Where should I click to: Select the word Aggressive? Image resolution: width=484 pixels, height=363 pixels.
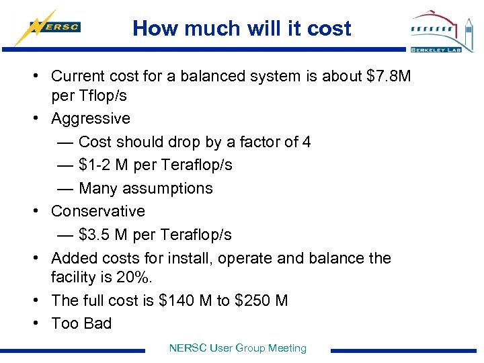coord(91,118)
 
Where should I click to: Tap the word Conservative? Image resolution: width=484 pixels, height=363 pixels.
coord(98,211)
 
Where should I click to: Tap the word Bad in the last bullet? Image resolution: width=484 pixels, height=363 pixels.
coord(98,323)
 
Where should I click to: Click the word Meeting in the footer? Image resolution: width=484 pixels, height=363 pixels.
coord(287,348)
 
